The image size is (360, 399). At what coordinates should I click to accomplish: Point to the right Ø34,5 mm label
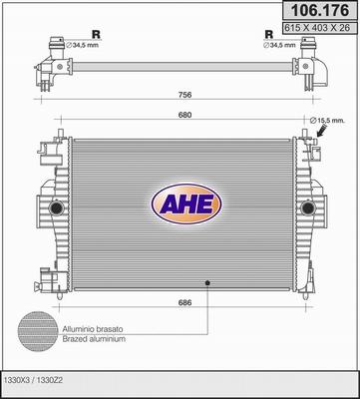point(283,45)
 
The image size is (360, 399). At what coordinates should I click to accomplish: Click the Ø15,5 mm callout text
point(331,122)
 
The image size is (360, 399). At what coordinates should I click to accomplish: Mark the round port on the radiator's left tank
point(54,207)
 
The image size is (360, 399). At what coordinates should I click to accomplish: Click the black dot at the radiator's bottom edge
point(207,283)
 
